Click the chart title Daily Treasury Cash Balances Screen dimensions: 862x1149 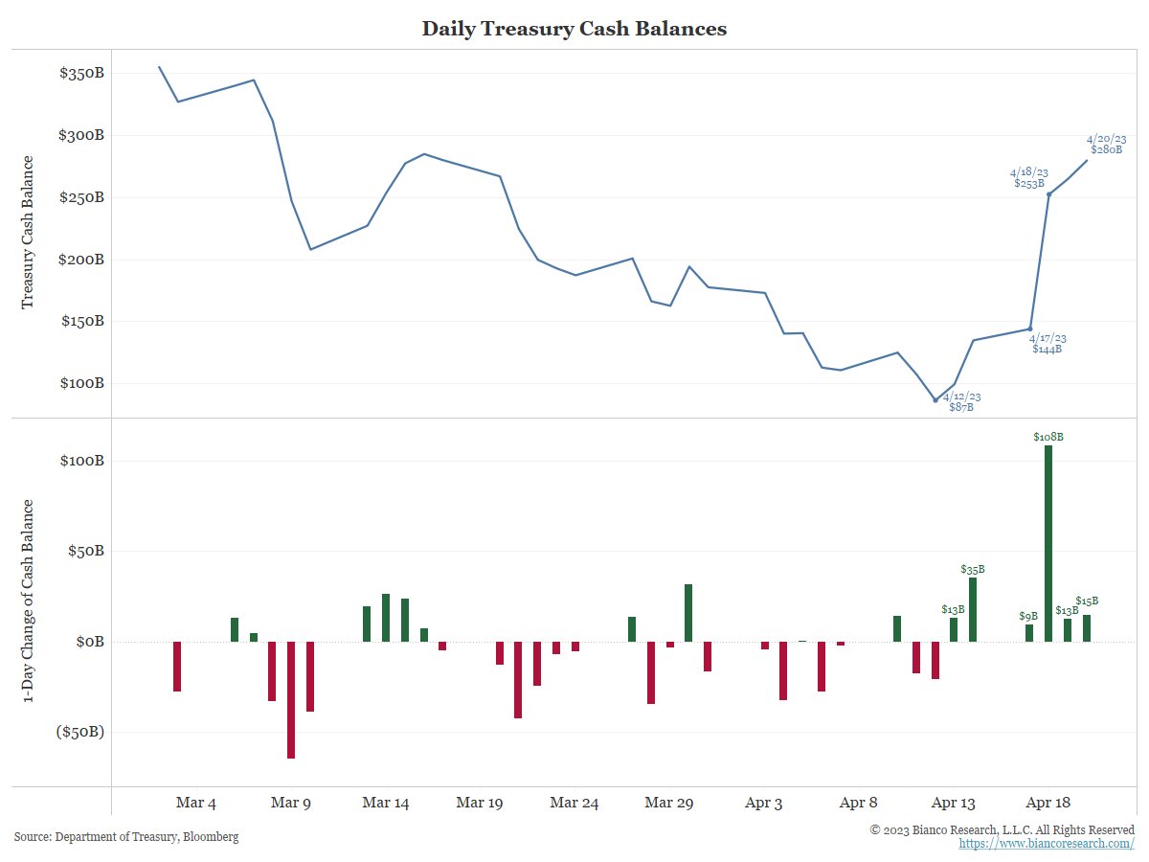[574, 29]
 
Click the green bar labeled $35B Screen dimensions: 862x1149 [973, 609]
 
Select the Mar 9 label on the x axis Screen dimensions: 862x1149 [291, 804]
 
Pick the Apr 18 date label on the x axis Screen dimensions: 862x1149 [1048, 804]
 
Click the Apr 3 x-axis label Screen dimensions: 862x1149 [764, 804]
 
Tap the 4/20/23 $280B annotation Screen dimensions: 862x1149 [1106, 144]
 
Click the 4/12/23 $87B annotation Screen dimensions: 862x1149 [961, 401]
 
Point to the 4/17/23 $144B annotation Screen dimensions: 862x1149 [1048, 344]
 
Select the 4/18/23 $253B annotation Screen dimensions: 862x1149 [1029, 177]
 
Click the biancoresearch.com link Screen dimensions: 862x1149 [1047, 844]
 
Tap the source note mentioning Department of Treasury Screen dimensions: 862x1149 [126, 837]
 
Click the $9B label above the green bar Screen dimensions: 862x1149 [1028, 617]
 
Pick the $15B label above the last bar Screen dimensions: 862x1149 [1087, 601]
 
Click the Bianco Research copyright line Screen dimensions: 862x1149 [1002, 829]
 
